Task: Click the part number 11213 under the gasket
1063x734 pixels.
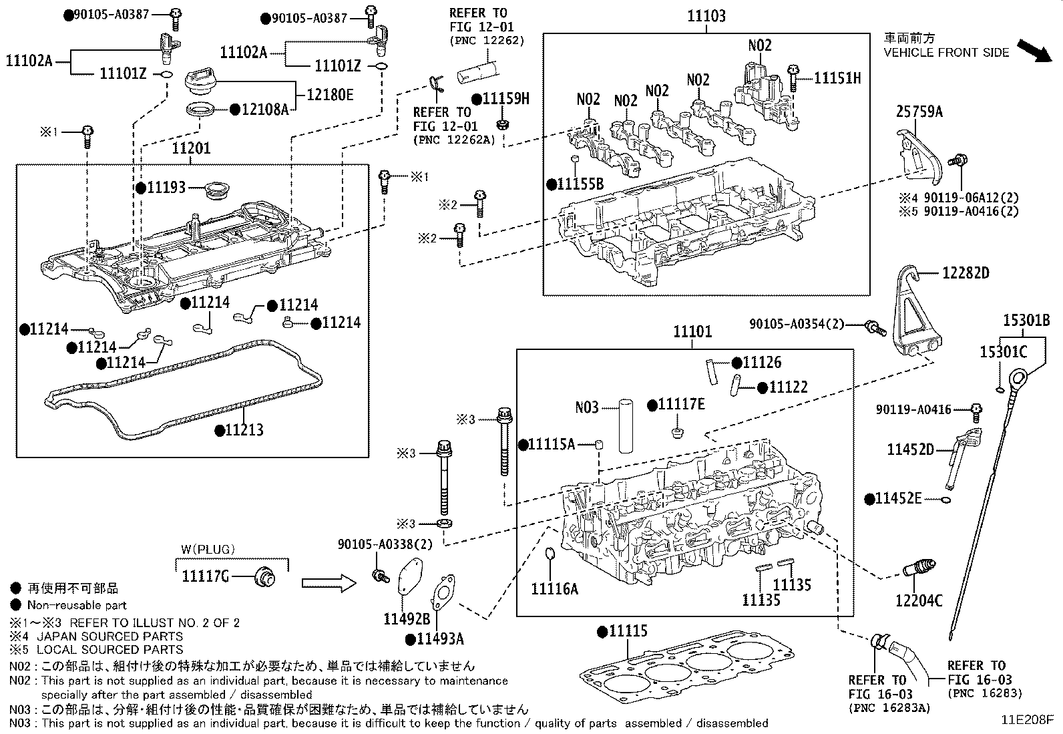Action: (244, 430)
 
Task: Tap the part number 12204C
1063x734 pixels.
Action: (918, 600)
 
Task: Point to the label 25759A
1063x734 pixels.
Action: (919, 112)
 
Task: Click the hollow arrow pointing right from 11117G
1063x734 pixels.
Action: (331, 583)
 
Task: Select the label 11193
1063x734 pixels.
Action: (166, 188)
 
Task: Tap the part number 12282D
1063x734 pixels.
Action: (966, 272)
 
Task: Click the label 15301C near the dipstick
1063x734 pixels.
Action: (1003, 352)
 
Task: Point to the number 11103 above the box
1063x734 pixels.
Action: (706, 16)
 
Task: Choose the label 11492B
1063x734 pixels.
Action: (406, 618)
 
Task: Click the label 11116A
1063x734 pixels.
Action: (554, 588)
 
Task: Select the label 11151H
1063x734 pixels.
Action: (837, 78)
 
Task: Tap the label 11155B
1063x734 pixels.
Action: (580, 184)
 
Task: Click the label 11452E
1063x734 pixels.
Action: (898, 498)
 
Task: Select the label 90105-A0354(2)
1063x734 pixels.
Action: (797, 324)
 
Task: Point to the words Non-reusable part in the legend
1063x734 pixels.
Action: (77, 605)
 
